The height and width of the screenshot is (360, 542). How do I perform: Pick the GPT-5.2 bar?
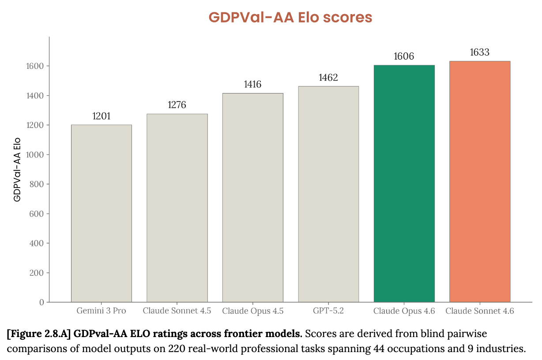pyautogui.click(x=328, y=194)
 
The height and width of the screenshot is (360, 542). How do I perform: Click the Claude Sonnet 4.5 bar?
pyautogui.click(x=177, y=208)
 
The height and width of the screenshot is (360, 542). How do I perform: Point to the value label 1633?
pyautogui.click(x=480, y=52)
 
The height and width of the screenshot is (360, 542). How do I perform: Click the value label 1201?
pyautogui.click(x=101, y=116)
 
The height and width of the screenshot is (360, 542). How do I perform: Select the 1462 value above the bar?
pyautogui.click(x=328, y=78)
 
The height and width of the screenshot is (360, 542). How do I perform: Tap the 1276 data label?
pyautogui.click(x=177, y=105)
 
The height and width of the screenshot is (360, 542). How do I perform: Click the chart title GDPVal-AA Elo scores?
pyautogui.click(x=290, y=17)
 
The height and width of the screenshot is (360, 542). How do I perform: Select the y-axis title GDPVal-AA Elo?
pyautogui.click(x=17, y=170)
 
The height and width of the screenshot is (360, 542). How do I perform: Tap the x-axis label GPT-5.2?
pyautogui.click(x=328, y=311)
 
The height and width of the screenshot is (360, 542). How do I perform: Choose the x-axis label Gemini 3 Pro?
pyautogui.click(x=101, y=311)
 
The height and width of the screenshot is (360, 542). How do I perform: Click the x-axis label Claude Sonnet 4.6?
pyautogui.click(x=480, y=311)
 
